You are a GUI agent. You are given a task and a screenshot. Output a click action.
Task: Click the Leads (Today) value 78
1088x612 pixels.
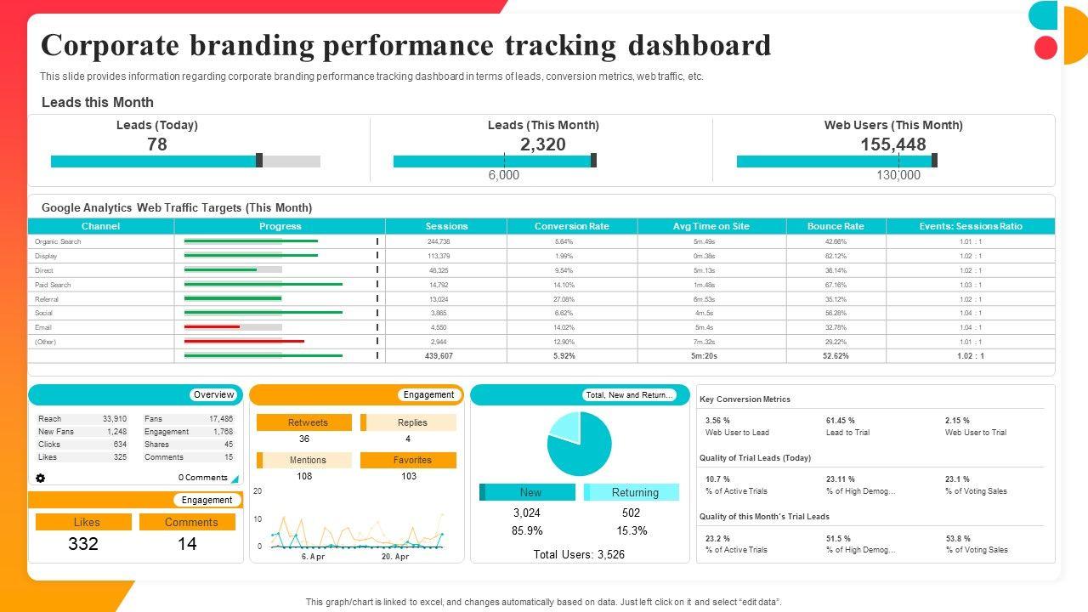[157, 144]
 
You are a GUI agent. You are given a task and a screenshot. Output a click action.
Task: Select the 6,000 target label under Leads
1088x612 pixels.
[503, 175]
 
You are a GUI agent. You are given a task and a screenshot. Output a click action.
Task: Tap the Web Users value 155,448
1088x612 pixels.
[892, 144]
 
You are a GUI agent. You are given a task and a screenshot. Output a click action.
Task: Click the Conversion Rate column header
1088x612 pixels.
[571, 226]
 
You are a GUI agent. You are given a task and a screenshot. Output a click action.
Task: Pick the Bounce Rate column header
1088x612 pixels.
[835, 226]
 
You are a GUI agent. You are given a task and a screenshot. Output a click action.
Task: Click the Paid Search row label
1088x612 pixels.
[53, 285]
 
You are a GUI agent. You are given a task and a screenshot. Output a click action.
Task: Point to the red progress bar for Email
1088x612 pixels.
[212, 327]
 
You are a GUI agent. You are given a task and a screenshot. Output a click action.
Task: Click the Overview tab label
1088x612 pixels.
[213, 394]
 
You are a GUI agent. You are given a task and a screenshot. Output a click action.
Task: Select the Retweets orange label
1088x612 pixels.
[307, 422]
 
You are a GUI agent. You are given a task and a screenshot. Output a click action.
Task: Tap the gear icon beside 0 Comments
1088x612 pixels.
[40, 478]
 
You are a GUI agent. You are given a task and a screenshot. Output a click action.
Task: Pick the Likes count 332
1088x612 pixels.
[83, 544]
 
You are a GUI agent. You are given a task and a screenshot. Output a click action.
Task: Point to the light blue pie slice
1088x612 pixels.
[565, 426]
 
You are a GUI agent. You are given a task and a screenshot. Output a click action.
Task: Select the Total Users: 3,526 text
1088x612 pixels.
[579, 554]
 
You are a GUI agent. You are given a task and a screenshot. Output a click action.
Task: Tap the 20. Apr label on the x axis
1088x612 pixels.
[395, 557]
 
